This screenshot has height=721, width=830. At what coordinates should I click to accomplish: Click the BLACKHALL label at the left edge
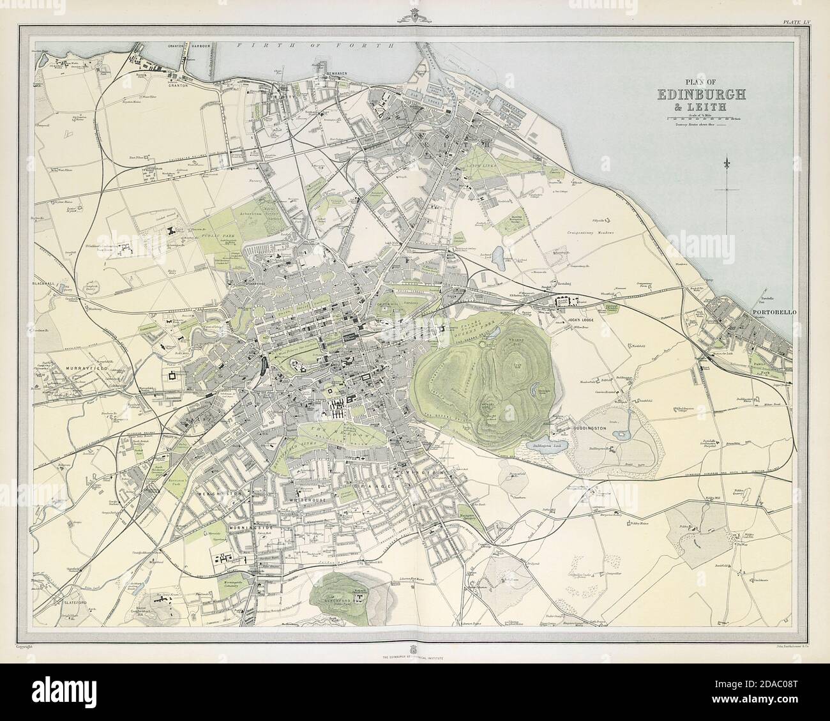[49, 282]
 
